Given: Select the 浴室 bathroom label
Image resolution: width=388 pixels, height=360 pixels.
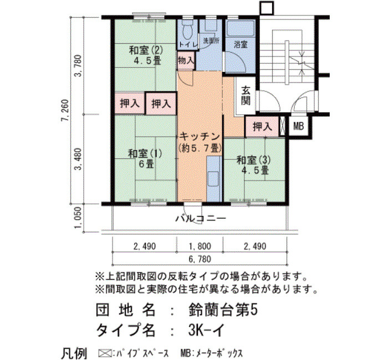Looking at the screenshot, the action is (241, 44).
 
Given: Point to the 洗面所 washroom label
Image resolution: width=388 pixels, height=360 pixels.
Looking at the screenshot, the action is (211, 41).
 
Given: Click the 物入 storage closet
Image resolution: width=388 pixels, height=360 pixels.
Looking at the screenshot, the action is (186, 60).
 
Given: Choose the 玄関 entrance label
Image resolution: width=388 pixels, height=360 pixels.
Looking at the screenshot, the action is (246, 96).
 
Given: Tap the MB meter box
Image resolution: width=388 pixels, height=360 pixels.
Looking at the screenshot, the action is (298, 127).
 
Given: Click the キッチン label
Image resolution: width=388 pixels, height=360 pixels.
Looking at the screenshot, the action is (199, 136).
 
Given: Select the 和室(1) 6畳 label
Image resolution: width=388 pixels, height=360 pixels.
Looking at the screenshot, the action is (145, 158).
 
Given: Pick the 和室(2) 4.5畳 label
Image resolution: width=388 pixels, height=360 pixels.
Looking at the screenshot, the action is (146, 55).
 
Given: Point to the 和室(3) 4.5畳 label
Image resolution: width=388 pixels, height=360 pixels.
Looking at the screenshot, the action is (254, 166).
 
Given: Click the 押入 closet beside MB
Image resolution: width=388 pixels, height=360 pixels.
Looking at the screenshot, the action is (262, 127).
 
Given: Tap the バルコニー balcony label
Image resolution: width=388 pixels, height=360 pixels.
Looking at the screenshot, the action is (201, 219).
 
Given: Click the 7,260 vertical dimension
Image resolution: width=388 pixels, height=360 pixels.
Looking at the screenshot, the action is (65, 111).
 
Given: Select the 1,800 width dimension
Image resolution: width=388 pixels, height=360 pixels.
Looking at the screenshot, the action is (200, 246).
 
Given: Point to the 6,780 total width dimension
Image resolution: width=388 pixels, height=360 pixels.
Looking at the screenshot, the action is (200, 259).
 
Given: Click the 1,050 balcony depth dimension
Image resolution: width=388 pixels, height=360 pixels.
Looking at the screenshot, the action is (78, 218).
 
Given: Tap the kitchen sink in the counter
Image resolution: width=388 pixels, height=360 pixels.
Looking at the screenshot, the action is (213, 178).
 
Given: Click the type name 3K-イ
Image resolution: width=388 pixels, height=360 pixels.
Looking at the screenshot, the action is (206, 330).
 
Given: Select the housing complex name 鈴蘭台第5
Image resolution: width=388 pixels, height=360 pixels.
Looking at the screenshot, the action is (223, 310).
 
